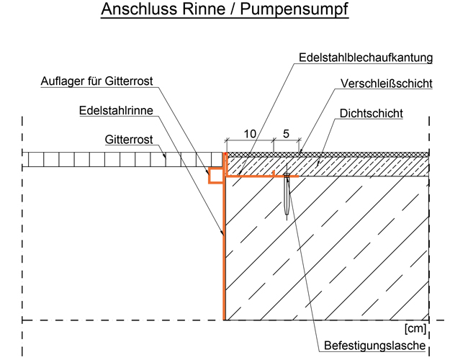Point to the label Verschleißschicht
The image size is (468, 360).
[386, 84]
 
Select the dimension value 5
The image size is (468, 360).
[286, 134]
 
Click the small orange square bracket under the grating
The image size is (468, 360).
[215, 175]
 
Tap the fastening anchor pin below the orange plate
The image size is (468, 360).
[287, 198]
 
